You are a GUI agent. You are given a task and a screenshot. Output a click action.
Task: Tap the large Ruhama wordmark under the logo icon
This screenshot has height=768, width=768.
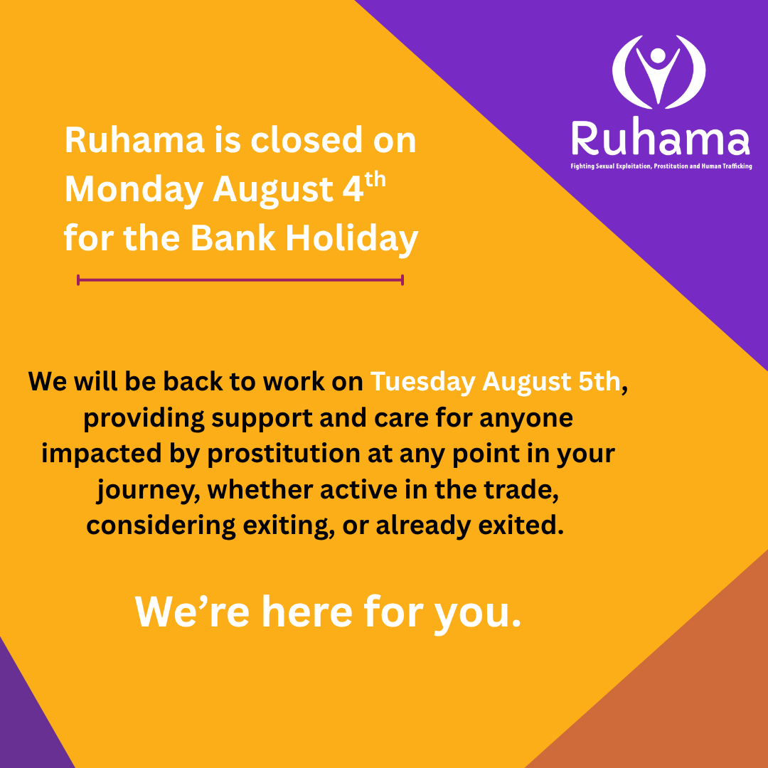[x=660, y=139]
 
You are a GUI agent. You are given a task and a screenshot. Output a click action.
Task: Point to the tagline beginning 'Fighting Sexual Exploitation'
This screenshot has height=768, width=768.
[x=661, y=166]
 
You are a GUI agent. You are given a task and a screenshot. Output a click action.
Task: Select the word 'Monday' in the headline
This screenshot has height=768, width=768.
[x=133, y=190]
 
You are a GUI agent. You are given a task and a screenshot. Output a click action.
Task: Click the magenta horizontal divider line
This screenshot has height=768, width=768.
[x=240, y=280]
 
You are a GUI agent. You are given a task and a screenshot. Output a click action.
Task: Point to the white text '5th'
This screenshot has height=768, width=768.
[x=597, y=382]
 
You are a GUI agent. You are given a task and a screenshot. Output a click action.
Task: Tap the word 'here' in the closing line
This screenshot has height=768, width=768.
[x=306, y=610]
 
